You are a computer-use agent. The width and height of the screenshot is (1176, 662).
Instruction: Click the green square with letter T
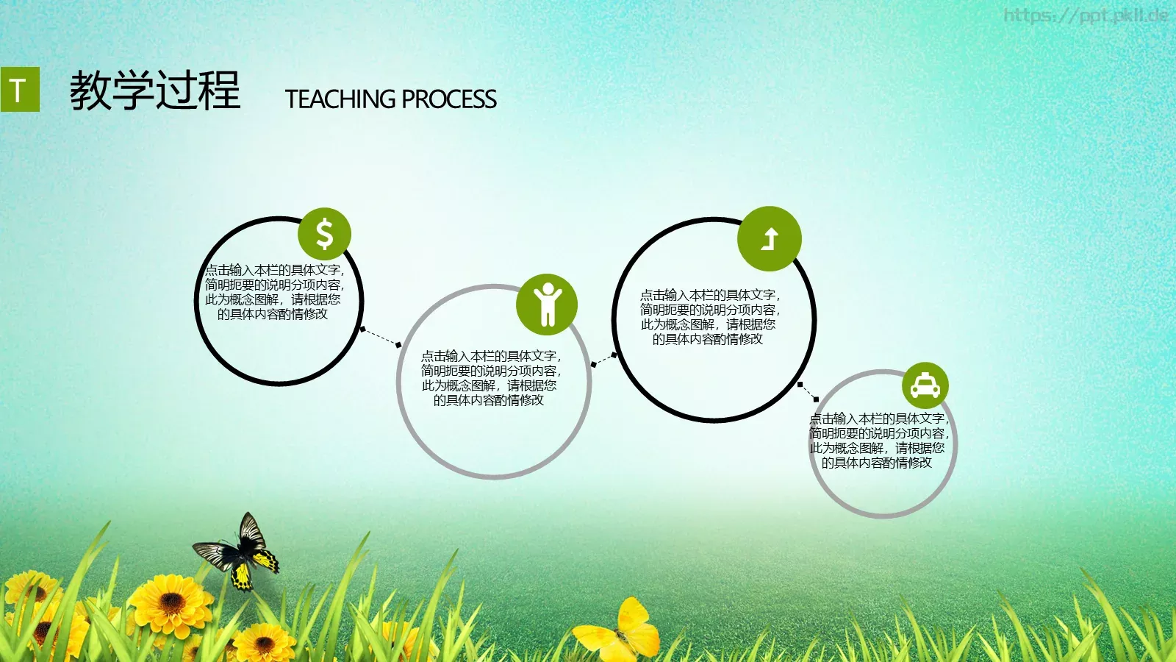click(x=20, y=89)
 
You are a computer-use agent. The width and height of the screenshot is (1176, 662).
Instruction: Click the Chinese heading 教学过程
click(x=155, y=90)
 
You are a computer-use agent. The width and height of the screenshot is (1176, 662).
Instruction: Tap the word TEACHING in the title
click(x=340, y=99)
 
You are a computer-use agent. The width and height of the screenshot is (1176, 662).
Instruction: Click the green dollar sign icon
click(x=324, y=234)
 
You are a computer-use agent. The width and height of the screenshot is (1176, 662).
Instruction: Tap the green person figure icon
click(x=547, y=305)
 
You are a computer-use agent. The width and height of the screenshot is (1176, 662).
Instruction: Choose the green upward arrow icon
click(x=769, y=238)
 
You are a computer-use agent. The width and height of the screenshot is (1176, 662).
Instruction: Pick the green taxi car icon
click(x=925, y=385)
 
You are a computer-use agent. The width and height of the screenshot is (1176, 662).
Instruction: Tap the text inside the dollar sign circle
click(x=274, y=292)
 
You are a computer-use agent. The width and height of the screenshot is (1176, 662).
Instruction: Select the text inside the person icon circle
click(x=490, y=378)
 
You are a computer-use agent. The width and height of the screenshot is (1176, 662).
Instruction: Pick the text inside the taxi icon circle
click(x=879, y=441)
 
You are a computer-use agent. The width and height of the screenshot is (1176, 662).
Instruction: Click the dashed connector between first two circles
click(x=381, y=337)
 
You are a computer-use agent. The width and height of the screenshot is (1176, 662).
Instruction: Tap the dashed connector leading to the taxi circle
click(x=808, y=392)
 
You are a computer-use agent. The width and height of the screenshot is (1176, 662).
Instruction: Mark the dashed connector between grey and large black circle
click(x=603, y=360)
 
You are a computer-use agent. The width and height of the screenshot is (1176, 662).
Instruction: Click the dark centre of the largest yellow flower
click(x=171, y=603)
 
